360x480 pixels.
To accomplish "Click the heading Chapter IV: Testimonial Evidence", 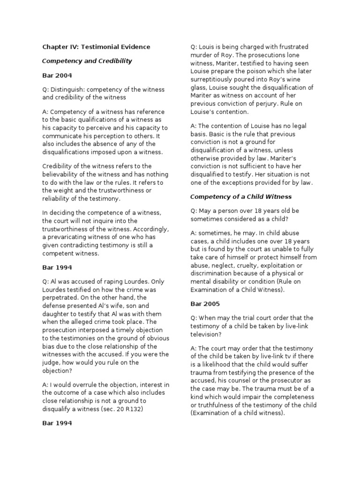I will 96,47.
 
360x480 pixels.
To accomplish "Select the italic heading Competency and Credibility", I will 87,61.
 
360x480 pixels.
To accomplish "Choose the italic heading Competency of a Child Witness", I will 241,196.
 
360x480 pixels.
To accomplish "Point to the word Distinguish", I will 69,89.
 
